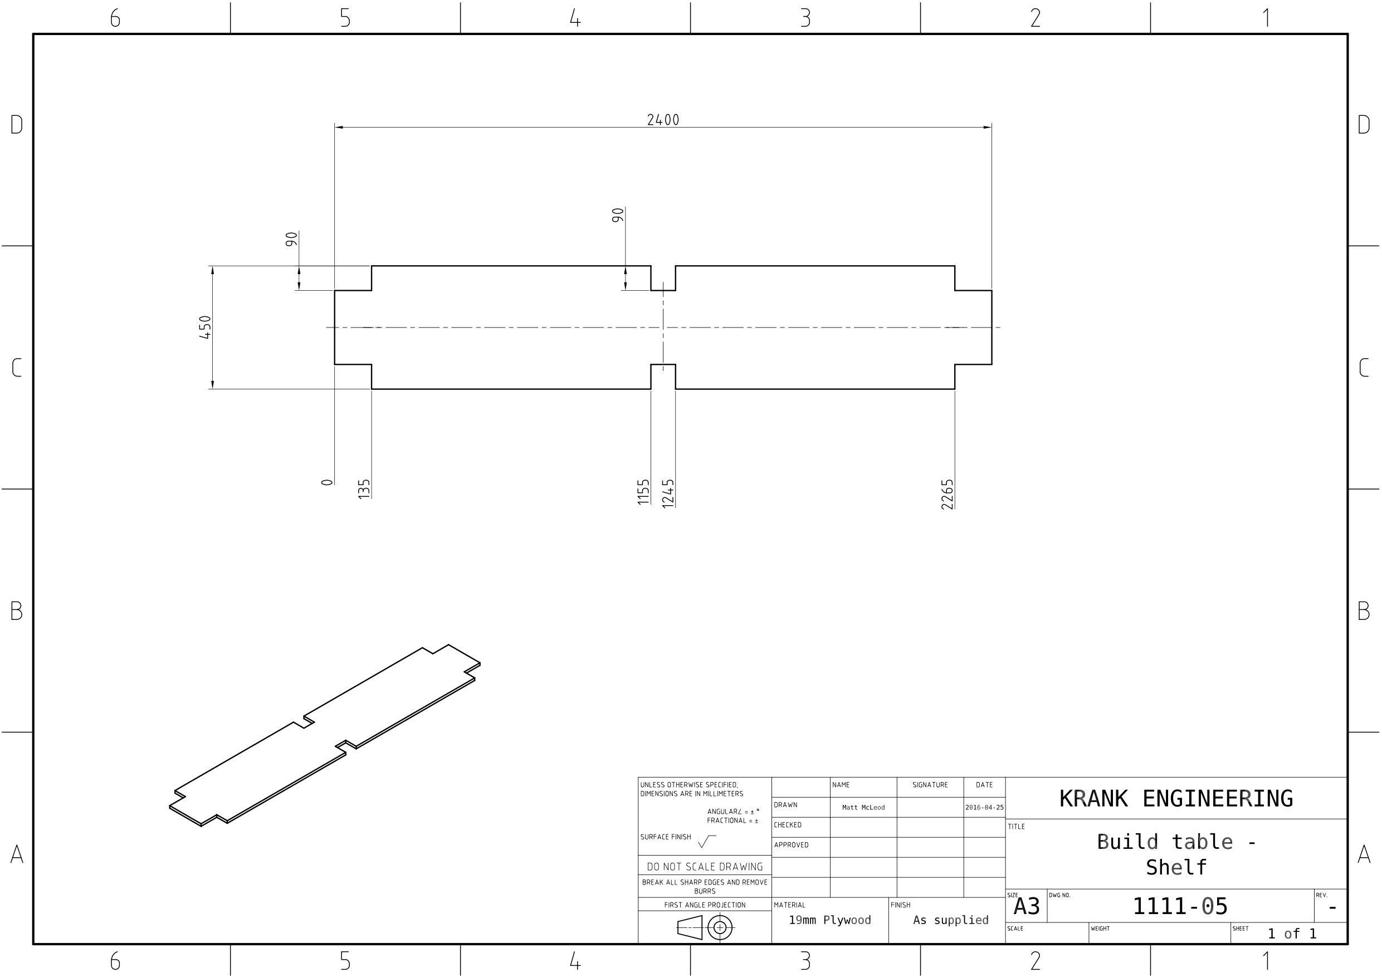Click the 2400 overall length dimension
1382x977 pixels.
[x=663, y=120]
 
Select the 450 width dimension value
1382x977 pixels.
[x=205, y=328]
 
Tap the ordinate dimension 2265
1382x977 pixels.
[x=948, y=494]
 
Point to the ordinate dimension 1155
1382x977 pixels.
[x=643, y=492]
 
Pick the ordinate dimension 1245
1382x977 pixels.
[x=668, y=494]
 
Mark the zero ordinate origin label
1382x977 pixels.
[x=327, y=482]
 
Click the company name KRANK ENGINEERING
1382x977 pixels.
[x=1175, y=799]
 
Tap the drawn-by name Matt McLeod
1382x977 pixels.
[x=863, y=808]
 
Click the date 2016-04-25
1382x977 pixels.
[x=984, y=808]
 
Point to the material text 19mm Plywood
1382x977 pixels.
[x=830, y=920]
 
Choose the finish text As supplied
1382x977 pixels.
[x=950, y=920]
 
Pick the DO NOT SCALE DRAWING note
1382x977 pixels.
[x=704, y=867]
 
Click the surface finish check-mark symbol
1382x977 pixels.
[x=706, y=842]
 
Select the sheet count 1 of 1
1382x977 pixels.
[x=1292, y=934]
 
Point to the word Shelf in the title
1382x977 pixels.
[x=1176, y=868]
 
